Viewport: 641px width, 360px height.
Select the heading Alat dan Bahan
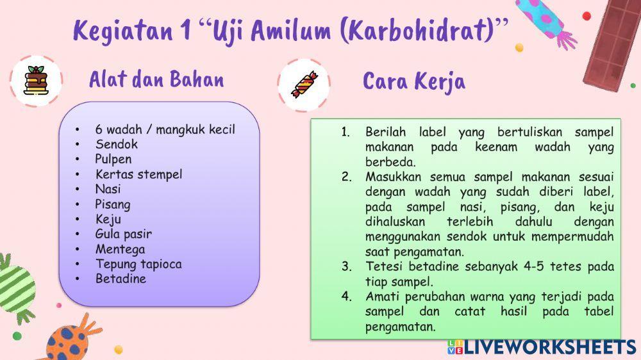[x=156, y=79]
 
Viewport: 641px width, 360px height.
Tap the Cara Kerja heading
[x=414, y=81]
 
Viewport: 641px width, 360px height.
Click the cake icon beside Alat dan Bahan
[x=36, y=81]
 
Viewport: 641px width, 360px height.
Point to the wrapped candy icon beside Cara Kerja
[x=303, y=84]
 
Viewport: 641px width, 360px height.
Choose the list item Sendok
[x=117, y=144]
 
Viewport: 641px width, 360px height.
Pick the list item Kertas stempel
[x=139, y=174]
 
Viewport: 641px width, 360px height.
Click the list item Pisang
[x=113, y=204]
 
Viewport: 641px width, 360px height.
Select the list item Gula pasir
[x=124, y=234]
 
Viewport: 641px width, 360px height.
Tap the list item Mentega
[x=121, y=249]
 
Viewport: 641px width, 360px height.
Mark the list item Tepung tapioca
[x=138, y=264]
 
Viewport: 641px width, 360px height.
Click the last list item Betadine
[x=121, y=279]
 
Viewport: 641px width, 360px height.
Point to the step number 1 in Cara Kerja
[x=345, y=132]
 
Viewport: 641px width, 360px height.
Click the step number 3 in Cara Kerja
[x=346, y=266]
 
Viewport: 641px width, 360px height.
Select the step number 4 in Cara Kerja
[x=346, y=297]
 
